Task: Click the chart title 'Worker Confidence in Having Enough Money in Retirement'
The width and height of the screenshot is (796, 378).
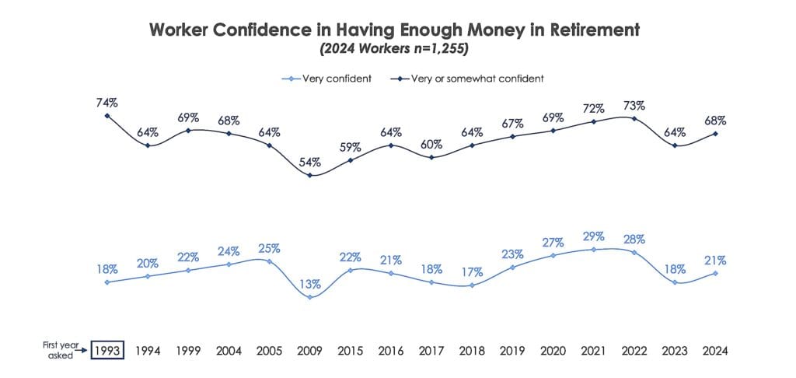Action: tap(394, 30)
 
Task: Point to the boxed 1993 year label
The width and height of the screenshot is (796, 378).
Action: tap(107, 351)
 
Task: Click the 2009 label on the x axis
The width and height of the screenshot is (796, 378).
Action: tap(310, 351)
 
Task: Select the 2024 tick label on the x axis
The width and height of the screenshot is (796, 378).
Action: tap(715, 351)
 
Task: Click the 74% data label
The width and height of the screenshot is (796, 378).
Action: tap(106, 102)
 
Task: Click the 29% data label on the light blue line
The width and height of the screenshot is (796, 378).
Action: tap(594, 236)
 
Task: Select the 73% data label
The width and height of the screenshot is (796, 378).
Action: tap(634, 105)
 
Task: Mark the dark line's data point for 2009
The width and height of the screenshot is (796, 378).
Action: tap(310, 175)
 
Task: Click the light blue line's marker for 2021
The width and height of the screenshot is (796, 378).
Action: tap(594, 250)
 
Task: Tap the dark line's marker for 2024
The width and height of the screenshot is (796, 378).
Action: tap(715, 134)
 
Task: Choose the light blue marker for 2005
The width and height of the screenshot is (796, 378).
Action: tap(270, 261)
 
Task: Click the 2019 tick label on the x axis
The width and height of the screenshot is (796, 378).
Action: tap(513, 351)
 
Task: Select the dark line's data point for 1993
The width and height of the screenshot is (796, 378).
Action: tap(107, 116)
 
